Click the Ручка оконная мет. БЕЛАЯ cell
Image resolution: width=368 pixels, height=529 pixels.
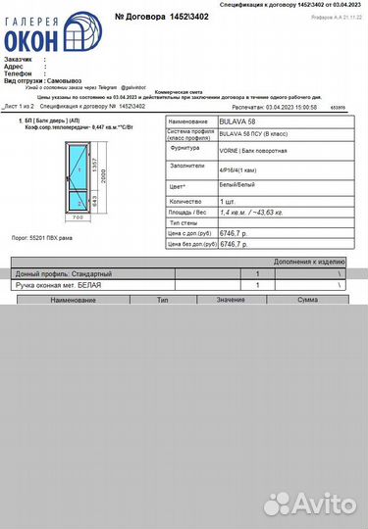pyautogui.click(x=60, y=284)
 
